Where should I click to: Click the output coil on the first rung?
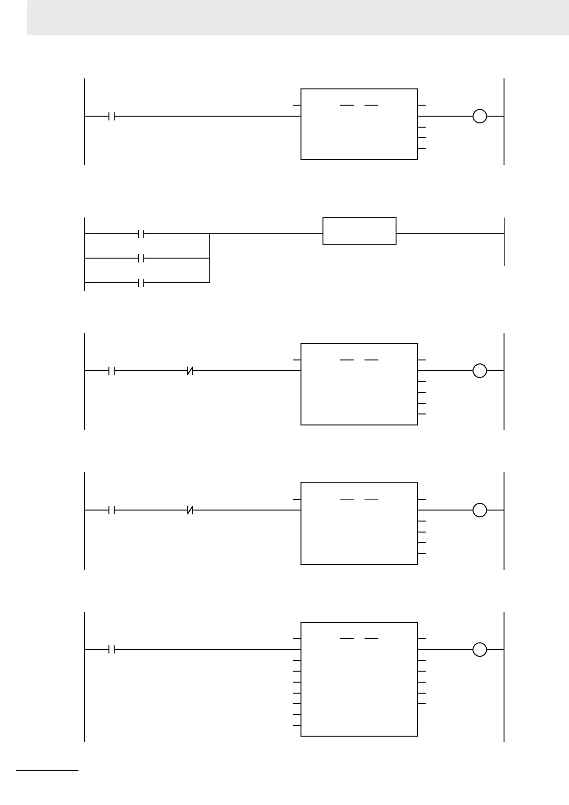pos(479,116)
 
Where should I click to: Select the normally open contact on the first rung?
pos(112,116)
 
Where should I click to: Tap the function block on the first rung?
pos(359,124)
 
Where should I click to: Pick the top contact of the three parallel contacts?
pos(141,234)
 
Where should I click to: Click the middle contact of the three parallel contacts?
pos(141,259)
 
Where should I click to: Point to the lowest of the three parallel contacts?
pos(141,283)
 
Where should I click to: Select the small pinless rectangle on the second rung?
pos(359,231)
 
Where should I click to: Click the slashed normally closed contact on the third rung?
pos(190,370)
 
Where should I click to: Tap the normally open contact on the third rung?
pos(112,370)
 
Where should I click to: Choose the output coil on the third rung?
pos(479,370)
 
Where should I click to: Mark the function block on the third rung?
pos(359,384)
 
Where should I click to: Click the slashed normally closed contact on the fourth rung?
pos(190,511)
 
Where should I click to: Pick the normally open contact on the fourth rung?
pos(112,511)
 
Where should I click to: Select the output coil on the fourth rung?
pos(479,511)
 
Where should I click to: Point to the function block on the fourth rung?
pos(359,523)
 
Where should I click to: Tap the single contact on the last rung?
pos(112,650)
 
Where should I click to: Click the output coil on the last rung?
pos(479,650)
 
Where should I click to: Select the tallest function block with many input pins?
pos(359,679)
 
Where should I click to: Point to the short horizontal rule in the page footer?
pos(47,771)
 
